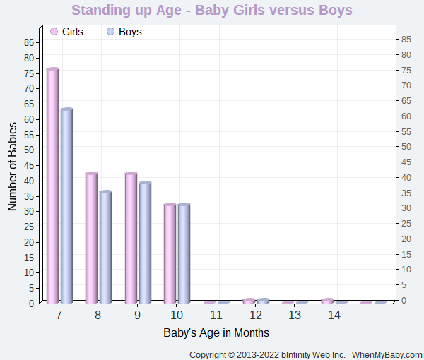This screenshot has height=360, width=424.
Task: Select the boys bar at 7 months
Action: pyautogui.click(x=66, y=206)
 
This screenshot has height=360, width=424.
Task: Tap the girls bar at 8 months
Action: pyautogui.click(x=91, y=238)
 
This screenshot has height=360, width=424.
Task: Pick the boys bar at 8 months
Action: pyautogui.click(x=105, y=247)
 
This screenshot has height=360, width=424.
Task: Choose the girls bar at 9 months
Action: pyautogui.click(x=131, y=238)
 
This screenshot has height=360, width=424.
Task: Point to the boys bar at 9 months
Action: pyautogui.click(x=145, y=242)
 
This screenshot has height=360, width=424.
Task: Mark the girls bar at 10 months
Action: pyautogui.click(x=170, y=253)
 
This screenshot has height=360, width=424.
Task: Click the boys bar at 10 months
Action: pyautogui.click(x=184, y=253)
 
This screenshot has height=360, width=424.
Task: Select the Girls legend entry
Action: pyautogui.click(x=66, y=32)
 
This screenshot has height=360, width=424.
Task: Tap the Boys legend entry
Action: pyautogui.click(x=124, y=32)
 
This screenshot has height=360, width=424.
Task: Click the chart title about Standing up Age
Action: pyautogui.click(x=212, y=11)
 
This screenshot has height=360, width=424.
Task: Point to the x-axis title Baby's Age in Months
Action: pyautogui.click(x=216, y=332)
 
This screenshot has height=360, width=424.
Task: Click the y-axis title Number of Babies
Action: pyautogui.click(x=13, y=167)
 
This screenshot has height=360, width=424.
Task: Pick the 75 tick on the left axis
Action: pyautogui.click(x=28, y=73)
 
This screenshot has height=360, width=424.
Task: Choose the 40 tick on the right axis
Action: pyautogui.click(x=406, y=177)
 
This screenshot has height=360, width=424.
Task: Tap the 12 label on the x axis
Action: pyautogui.click(x=256, y=315)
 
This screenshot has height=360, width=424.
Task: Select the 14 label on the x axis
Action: pyautogui.click(x=334, y=315)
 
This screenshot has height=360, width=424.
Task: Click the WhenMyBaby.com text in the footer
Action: pyautogui.click(x=387, y=354)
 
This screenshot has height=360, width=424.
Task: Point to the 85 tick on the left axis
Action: pyautogui.click(x=28, y=42)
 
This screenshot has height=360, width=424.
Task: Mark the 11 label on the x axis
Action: pyautogui.click(x=216, y=315)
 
